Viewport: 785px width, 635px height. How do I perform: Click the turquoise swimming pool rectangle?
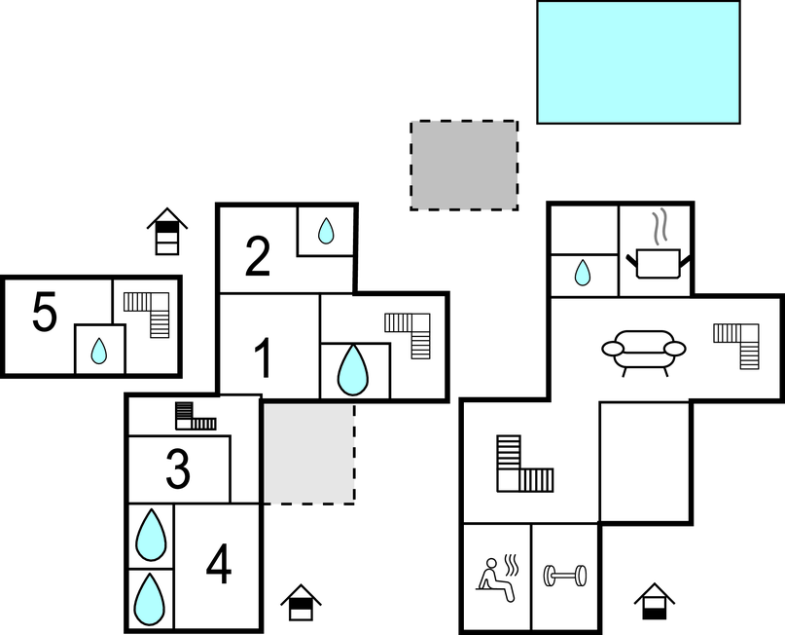[x=638, y=62]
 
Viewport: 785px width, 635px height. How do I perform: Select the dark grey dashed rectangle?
[x=464, y=165]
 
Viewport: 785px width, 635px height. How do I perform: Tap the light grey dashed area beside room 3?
[x=309, y=454]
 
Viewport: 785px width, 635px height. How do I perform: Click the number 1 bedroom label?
[x=264, y=357]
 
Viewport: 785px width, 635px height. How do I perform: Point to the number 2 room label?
[x=258, y=256]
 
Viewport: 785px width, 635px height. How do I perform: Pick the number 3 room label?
[x=178, y=469]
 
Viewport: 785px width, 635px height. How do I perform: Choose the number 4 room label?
[x=219, y=564]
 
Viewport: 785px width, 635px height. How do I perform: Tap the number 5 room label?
[x=45, y=312]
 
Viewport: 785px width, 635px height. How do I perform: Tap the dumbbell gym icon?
[x=565, y=576]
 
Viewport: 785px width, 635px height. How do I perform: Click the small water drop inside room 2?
[x=326, y=231]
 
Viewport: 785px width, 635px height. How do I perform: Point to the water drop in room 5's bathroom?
[x=98, y=351]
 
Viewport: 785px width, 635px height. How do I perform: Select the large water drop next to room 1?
[x=353, y=370]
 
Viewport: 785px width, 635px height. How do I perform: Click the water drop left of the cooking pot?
[x=583, y=273]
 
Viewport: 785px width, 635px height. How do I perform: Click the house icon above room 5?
[x=166, y=231]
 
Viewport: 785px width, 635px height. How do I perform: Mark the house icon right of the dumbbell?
[x=655, y=601]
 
